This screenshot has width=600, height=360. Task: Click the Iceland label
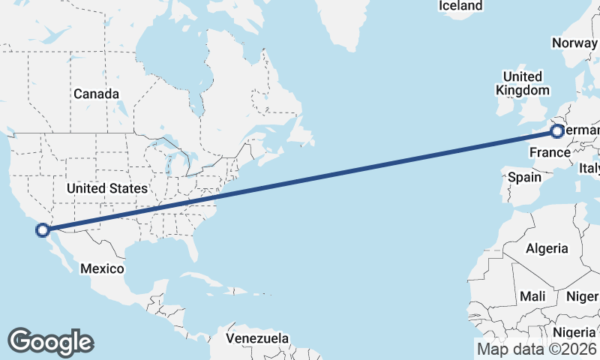coord(460,6)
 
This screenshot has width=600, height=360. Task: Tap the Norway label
coord(574,43)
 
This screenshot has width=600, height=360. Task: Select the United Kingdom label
coord(523,83)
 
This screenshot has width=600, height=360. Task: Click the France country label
coord(550,153)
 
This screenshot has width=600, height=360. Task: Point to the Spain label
coord(524,178)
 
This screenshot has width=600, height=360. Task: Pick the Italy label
coord(589,169)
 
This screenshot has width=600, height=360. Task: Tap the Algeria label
coord(547,249)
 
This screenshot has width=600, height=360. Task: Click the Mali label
coord(532,296)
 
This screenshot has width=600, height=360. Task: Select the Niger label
coord(582,296)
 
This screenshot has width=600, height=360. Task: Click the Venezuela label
coord(258,339)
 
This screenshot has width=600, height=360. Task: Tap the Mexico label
coord(103,268)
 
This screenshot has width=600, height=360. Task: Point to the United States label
coord(106,188)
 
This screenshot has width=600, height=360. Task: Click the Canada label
coord(96,94)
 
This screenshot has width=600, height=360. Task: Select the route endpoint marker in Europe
coord(556,132)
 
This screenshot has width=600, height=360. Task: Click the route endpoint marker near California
coord(43,230)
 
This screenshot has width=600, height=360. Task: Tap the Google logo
coord(50,342)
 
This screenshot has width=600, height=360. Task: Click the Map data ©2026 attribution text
coord(536,349)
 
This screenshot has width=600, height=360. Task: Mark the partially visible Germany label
coord(582,132)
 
